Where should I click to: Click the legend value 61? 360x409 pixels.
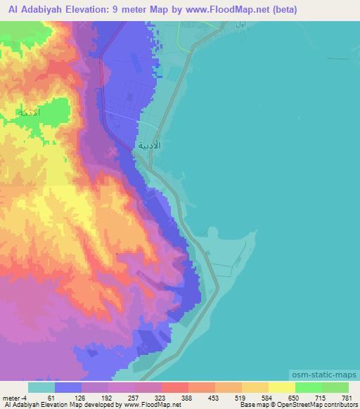tap(53, 397)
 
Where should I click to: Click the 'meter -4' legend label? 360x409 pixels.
tap(15, 397)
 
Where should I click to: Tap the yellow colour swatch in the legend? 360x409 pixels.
tap(281, 387)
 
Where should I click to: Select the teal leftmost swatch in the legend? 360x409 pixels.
tap(41, 387)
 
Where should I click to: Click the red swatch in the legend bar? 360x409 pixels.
tap(174, 387)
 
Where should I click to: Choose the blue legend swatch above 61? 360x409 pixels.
tap(68, 387)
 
